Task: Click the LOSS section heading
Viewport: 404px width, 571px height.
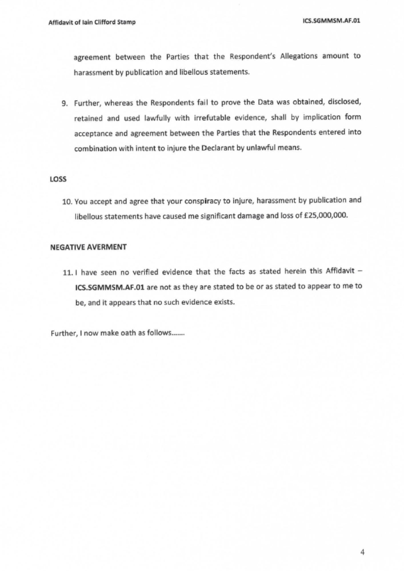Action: coord(58,179)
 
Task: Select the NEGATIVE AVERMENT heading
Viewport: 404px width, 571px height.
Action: coord(88,247)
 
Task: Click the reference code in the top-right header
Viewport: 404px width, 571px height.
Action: coord(331,21)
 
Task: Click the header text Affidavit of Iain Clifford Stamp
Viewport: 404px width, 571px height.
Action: coord(92,22)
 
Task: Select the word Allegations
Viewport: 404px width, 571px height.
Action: coord(299,56)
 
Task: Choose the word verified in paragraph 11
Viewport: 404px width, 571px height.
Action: coord(147,272)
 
